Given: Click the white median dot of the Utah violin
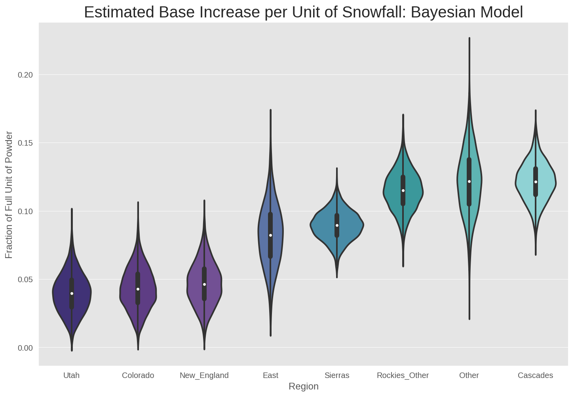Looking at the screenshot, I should tap(72, 293).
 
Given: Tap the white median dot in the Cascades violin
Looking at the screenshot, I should tap(536, 182).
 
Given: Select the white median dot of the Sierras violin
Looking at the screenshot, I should tap(337, 225).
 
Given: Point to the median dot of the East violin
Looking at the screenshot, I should tap(270, 235).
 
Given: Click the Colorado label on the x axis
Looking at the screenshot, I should tap(138, 375).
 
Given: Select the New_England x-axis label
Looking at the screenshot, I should tap(204, 375).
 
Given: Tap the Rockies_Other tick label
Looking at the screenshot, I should tap(403, 375).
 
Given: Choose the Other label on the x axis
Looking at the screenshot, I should tap(469, 375).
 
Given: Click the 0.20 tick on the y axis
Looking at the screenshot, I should tap(25, 75).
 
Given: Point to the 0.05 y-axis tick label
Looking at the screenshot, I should tap(25, 279).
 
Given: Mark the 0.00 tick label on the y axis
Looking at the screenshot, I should tap(25, 348).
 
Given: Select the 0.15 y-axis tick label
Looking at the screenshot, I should tap(25, 143).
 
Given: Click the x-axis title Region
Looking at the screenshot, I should tap(304, 387).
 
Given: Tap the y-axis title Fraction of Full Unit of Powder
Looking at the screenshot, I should tap(9, 195).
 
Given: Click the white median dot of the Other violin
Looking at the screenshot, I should tap(469, 181).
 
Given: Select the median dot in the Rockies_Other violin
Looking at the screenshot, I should tap(403, 190).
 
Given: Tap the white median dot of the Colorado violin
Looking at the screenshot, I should tap(138, 289).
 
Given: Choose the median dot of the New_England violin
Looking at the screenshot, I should tap(204, 284).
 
